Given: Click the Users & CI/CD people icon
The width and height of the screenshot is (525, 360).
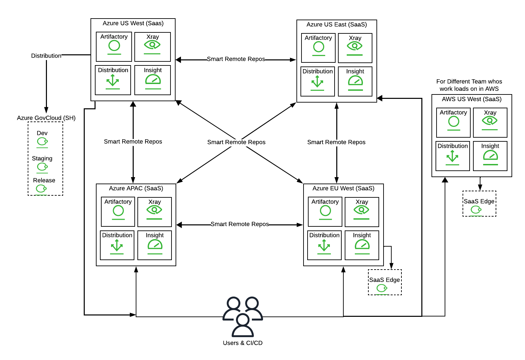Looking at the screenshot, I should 242,316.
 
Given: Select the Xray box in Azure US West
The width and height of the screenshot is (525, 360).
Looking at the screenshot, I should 153,47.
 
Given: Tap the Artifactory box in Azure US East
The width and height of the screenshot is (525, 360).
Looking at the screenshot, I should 318,48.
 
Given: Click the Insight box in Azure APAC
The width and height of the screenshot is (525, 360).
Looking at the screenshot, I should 155,245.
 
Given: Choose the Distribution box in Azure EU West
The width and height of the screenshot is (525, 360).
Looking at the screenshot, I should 324,245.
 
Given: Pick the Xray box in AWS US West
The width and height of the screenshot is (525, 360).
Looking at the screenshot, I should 490,122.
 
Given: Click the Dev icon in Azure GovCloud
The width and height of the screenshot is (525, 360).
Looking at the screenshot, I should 42,142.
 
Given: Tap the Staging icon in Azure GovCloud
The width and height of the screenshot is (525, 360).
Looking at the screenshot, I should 42,167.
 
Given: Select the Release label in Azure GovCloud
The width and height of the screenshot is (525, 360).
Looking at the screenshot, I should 44,180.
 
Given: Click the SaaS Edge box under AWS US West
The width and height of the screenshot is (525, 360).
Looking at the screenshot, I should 479,204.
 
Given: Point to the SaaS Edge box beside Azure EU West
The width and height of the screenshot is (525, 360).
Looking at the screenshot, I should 385,282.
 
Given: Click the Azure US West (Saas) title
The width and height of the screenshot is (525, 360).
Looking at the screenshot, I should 133,23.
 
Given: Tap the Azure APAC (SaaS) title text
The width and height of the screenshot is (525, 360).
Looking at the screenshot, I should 136,188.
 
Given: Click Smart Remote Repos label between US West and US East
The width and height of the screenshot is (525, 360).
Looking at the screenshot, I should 236,59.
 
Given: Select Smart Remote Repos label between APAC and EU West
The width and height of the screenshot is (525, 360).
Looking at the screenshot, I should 240,224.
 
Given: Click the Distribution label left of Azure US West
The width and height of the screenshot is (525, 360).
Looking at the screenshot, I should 46,56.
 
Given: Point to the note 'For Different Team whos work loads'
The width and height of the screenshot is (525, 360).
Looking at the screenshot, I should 469,85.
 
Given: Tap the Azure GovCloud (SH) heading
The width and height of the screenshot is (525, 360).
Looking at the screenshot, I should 46,118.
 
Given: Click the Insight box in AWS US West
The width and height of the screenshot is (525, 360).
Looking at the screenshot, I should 490,156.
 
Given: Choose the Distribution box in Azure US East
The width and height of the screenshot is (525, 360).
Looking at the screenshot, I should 318,81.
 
